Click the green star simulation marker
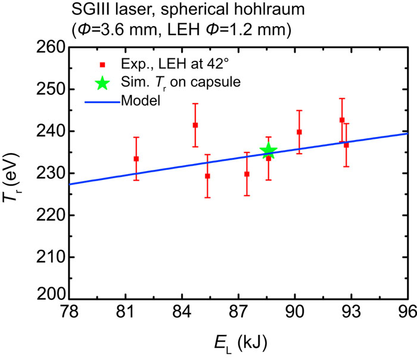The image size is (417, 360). click(x=268, y=151)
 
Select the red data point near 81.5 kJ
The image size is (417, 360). click(x=136, y=159)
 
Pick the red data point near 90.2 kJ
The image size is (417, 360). click(x=299, y=132)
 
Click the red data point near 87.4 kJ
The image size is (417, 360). click(x=247, y=174)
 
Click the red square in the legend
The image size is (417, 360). click(x=102, y=64)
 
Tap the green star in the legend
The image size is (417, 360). click(x=102, y=82)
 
